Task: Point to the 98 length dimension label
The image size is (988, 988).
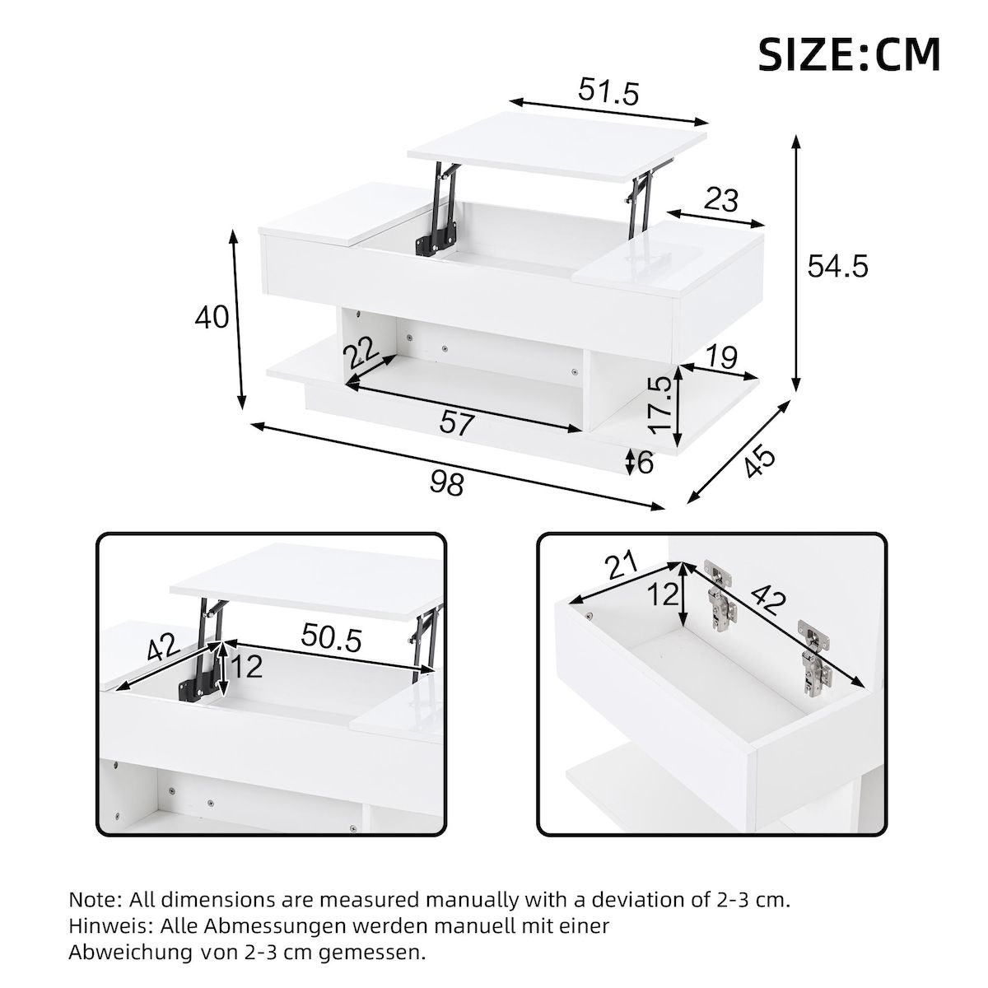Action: pos(447,482)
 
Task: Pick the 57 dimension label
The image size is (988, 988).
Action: pos(457,424)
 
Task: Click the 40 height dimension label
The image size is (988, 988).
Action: pos(212,316)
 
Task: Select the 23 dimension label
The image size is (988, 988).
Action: pos(721,199)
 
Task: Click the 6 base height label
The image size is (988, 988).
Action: pos(645,463)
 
